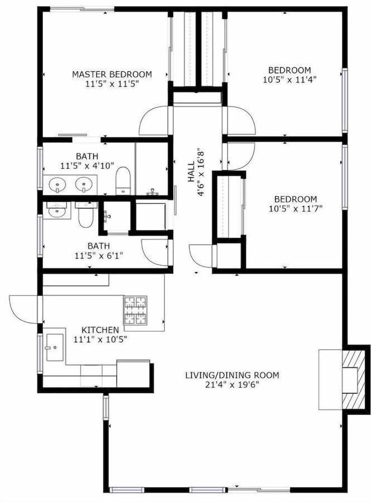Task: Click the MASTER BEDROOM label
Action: click(x=112, y=74)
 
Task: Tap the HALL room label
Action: click(x=191, y=172)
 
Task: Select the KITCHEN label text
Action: click(x=100, y=330)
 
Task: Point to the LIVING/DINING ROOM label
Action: click(x=232, y=375)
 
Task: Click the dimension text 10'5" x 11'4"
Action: click(x=290, y=79)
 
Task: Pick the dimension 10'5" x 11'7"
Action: click(x=296, y=209)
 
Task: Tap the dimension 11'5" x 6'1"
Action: click(x=99, y=256)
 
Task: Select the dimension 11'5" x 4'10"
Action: click(x=87, y=166)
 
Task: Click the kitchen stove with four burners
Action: click(x=135, y=310)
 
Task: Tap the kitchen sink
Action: click(x=55, y=347)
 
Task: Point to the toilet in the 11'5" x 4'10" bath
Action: click(x=123, y=181)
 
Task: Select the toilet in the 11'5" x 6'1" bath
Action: click(x=86, y=214)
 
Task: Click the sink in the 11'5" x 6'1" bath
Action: click(x=57, y=211)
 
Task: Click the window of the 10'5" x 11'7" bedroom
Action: click(x=345, y=177)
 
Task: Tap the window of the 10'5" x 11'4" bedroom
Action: click(x=345, y=100)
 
